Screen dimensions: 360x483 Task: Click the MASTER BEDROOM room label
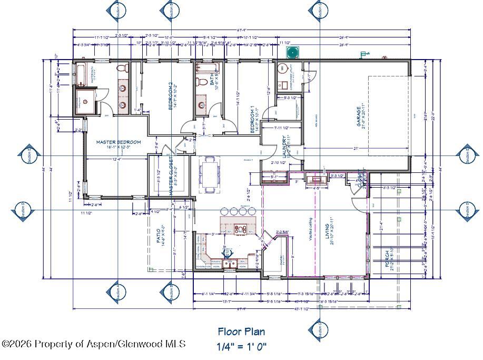coord(119,142)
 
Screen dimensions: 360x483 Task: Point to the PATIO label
coord(159,238)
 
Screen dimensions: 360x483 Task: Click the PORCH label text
coord(388,259)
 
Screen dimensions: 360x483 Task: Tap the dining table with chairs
coord(210,174)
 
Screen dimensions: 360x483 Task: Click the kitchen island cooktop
coord(241,229)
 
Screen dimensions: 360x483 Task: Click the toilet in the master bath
coord(122,69)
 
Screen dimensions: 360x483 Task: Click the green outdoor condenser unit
coord(292,52)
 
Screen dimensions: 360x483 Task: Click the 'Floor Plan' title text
coord(241,332)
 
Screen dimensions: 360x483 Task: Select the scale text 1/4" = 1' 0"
coord(241,346)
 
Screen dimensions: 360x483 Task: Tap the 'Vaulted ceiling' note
coord(310,229)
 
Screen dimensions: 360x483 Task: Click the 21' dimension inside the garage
coord(356,149)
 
